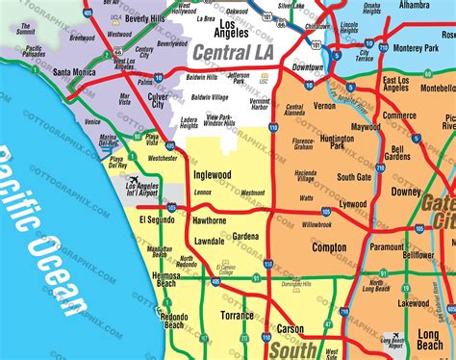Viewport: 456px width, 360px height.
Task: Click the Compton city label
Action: point(329,247)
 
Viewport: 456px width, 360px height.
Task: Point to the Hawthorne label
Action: point(210,220)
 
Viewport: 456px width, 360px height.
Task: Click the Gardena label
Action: point(245,236)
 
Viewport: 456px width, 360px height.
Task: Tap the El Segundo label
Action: point(156,220)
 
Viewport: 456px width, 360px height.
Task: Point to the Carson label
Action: point(291,328)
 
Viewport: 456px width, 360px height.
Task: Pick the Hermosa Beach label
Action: point(166,280)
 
